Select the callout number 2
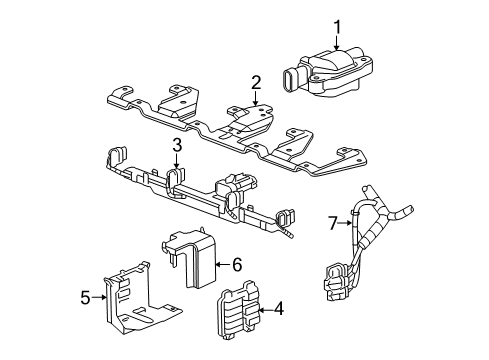[x=256, y=82]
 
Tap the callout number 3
[x=175, y=146]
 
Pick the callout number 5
[x=85, y=295]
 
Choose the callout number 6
[x=237, y=265]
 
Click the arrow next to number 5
[x=99, y=295]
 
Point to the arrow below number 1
[x=337, y=42]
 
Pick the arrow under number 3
[x=175, y=162]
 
